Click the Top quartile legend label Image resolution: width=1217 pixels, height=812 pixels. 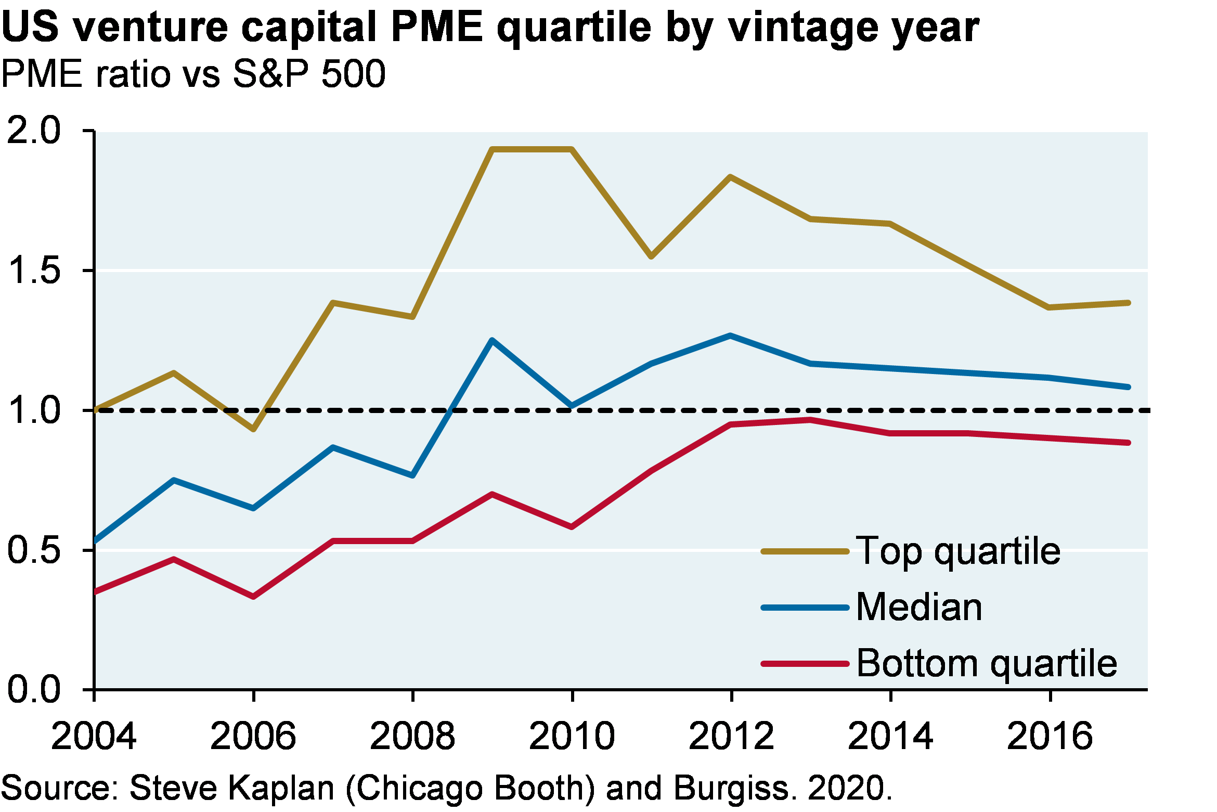pyautogui.click(x=958, y=551)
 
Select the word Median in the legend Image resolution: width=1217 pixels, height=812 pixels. pyautogui.click(x=919, y=607)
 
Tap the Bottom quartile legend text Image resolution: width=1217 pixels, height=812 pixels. pyautogui.click(x=987, y=663)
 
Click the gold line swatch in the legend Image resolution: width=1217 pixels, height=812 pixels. pyautogui.click(x=805, y=551)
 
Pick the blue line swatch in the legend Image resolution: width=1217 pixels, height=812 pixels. pyautogui.click(x=805, y=608)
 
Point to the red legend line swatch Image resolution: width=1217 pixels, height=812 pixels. pyautogui.click(x=805, y=664)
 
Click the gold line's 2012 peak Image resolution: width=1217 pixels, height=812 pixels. pyautogui.click(x=731, y=177)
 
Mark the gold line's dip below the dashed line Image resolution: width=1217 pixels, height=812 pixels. pyautogui.click(x=253, y=430)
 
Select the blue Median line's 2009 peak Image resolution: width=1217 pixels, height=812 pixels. pyautogui.click(x=492, y=340)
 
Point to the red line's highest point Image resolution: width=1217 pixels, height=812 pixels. pyautogui.click(x=810, y=420)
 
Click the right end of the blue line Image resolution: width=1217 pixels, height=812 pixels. pyautogui.click(x=1128, y=387)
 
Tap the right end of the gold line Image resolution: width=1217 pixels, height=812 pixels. pyautogui.click(x=1128, y=303)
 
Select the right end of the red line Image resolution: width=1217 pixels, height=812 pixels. pyautogui.click(x=1128, y=443)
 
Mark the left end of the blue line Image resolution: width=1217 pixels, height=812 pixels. pyautogui.click(x=96, y=541)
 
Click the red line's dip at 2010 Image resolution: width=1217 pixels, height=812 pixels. pyautogui.click(x=572, y=527)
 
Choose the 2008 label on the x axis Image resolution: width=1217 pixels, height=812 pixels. pyautogui.click(x=412, y=736)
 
